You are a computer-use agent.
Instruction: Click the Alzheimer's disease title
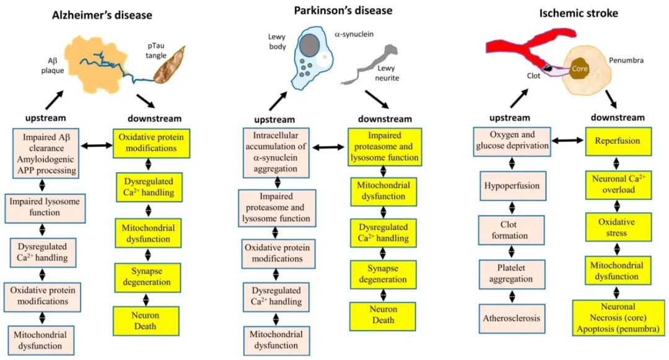tap(102, 15)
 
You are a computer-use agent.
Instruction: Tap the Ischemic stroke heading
tap(579, 13)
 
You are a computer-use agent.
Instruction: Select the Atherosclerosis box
tap(512, 318)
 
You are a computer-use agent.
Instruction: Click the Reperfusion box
tap(618, 141)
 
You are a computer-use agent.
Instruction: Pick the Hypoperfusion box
tap(512, 186)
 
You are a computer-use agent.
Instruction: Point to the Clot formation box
tap(511, 230)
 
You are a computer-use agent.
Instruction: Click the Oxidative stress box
tap(618, 227)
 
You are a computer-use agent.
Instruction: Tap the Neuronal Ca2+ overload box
tap(618, 185)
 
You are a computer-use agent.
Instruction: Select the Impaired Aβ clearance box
tap(46, 154)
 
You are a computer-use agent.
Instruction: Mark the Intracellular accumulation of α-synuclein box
tap(276, 152)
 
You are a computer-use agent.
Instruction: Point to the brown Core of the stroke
tap(579, 69)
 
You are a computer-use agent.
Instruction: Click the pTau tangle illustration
tap(170, 66)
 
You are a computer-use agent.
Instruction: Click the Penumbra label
tap(626, 61)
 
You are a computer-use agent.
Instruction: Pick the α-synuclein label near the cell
tap(354, 34)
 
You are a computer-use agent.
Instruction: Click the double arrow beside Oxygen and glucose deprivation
tap(567, 140)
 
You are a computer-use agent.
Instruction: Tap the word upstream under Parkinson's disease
tap(274, 120)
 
